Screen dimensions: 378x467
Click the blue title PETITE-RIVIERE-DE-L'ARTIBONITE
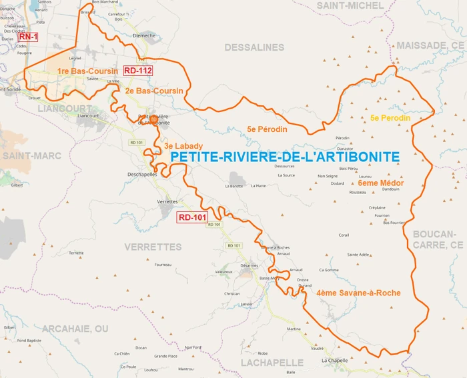[285, 156]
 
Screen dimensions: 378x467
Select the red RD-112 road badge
[138, 71]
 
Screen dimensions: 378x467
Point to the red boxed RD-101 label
[192, 217]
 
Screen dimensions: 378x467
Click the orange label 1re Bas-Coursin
[83, 71]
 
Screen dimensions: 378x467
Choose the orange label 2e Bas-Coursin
[153, 90]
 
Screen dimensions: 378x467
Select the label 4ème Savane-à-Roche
[358, 293]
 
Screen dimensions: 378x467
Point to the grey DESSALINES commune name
[254, 47]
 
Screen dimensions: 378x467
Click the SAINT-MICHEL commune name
[350, 6]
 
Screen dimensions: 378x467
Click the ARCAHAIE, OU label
[75, 329]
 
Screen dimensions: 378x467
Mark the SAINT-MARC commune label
[31, 155]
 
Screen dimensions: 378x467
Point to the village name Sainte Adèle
[358, 255]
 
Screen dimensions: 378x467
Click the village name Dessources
[284, 166]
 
